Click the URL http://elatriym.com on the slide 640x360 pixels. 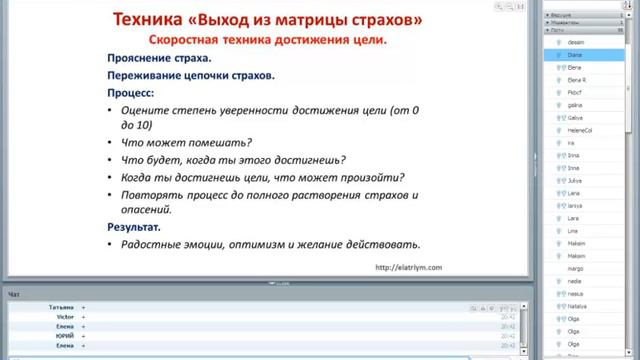[x=408, y=267]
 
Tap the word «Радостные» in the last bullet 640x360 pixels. [x=157, y=244]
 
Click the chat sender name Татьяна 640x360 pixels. [x=61, y=308]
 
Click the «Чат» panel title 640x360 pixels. [x=13, y=295]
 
